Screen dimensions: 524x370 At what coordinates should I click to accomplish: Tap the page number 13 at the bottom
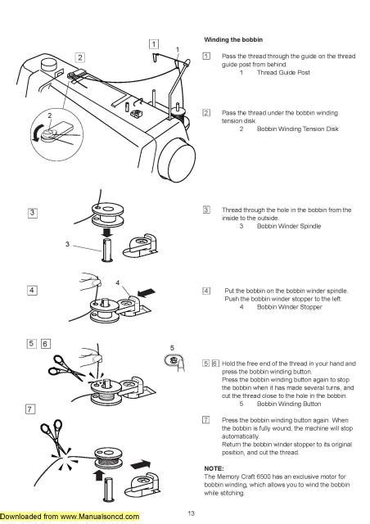click(190, 513)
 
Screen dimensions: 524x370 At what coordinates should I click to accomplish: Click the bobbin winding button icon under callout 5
click(174, 359)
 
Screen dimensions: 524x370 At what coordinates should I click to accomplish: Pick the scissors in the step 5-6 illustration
click(61, 376)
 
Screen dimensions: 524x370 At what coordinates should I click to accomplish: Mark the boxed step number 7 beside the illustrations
click(32, 407)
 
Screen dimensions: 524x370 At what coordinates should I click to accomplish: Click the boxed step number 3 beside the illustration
click(32, 212)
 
